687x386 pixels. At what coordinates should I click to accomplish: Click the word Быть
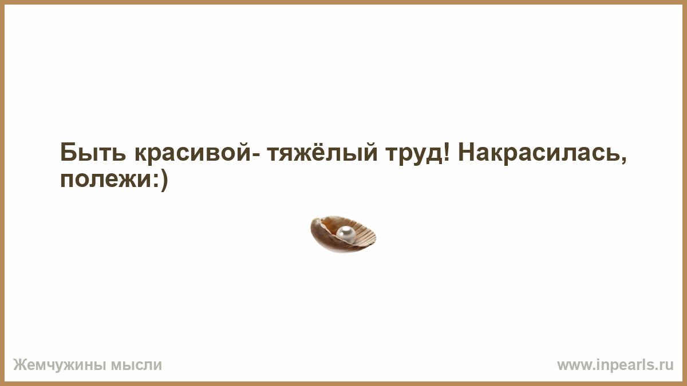(x=93, y=152)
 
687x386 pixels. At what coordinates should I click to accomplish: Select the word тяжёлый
(x=322, y=152)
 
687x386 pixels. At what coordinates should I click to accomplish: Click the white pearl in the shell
(x=346, y=234)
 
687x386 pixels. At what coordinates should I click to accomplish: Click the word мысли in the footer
(x=136, y=365)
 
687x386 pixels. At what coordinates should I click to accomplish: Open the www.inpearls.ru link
(x=615, y=365)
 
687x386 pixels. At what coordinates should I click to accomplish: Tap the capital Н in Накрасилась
(x=467, y=152)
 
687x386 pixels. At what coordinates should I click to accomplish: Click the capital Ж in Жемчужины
(x=19, y=365)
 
